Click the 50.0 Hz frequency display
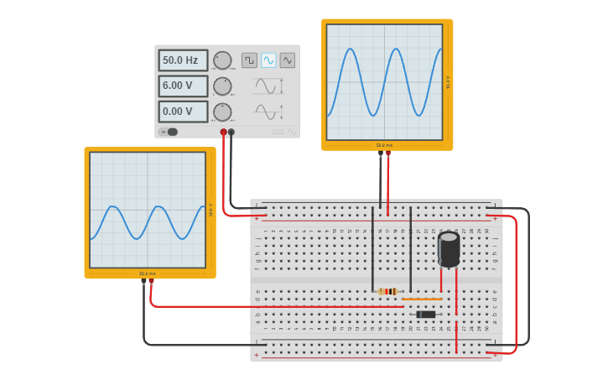(x=183, y=60)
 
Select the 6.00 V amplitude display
(x=183, y=86)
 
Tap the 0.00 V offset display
(x=183, y=112)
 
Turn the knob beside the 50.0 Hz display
(x=222, y=60)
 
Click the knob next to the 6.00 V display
(x=222, y=86)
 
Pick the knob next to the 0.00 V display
(x=222, y=112)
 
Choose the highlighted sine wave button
(x=268, y=60)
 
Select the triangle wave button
(x=288, y=60)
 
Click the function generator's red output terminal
(x=223, y=132)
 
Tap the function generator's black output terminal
(x=231, y=132)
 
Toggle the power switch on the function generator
(x=169, y=132)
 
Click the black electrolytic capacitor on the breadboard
(x=449, y=249)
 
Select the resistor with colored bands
(x=387, y=291)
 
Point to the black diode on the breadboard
(x=426, y=315)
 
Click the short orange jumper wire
(x=422, y=299)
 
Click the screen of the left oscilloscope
(x=148, y=210)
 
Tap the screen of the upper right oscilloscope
(x=384, y=81)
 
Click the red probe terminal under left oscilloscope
(x=152, y=282)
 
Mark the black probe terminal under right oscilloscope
(x=380, y=154)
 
